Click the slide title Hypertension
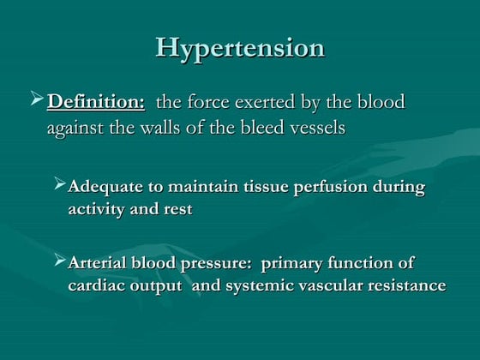pos(240,47)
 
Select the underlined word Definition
pos(96,103)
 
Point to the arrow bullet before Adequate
pos(59,184)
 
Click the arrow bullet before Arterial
pos(59,261)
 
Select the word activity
pos(98,210)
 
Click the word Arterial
pos(99,263)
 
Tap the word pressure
pos(215,263)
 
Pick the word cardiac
pos(95,286)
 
